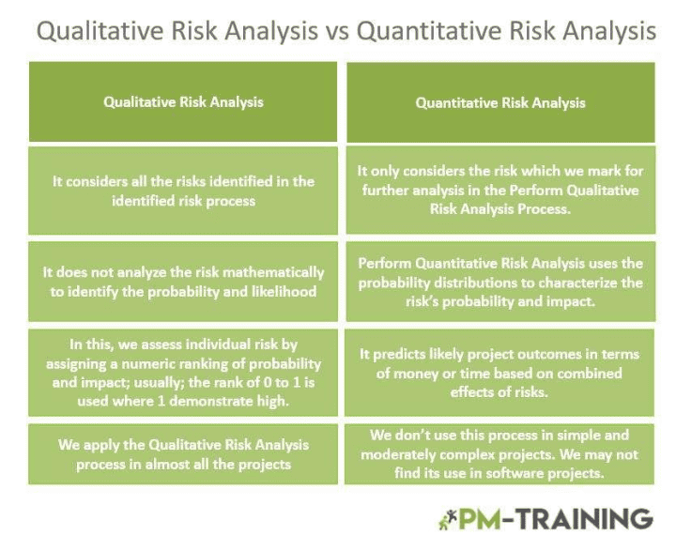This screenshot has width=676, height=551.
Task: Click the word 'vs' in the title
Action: (x=338, y=31)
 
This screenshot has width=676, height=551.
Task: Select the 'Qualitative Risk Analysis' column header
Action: (x=183, y=102)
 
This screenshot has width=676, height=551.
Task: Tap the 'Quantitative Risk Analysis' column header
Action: (x=500, y=102)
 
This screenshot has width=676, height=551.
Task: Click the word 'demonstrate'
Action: (x=251, y=399)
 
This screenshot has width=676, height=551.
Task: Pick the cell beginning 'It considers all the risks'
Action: (x=183, y=191)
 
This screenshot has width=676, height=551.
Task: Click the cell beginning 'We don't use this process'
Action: (x=499, y=454)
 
